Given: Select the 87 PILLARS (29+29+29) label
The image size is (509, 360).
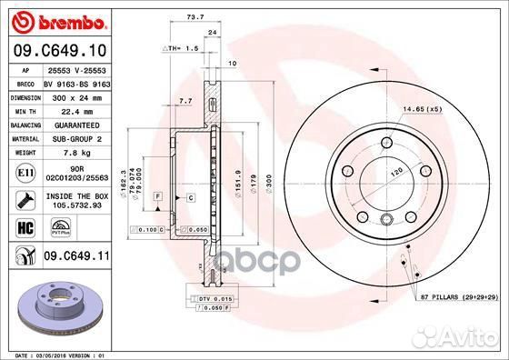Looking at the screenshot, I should click(x=459, y=297).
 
